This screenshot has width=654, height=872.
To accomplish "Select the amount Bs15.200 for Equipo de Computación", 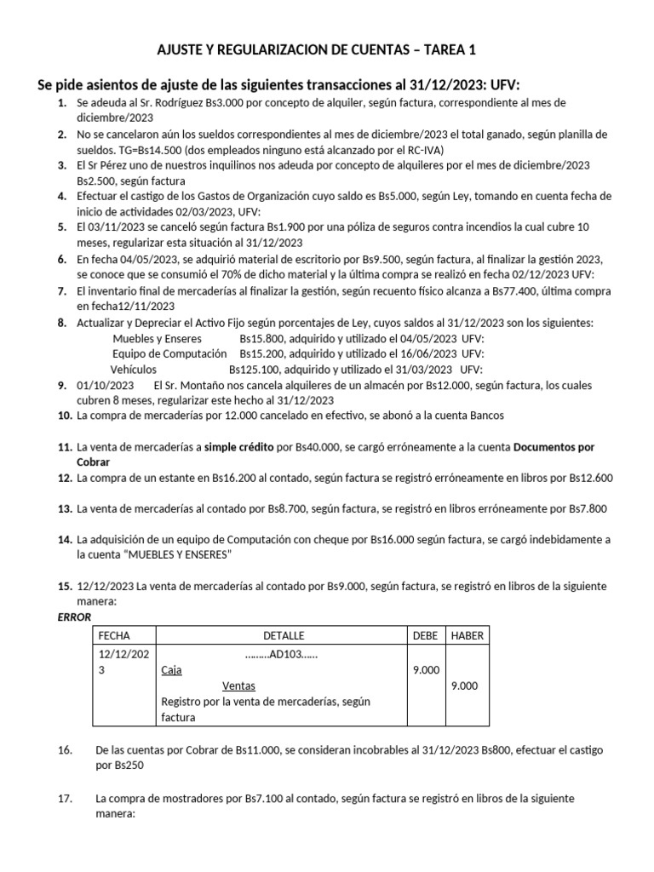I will point(264,353).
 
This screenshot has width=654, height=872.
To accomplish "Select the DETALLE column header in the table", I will point(283,636).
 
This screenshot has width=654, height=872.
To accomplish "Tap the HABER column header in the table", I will point(467,636).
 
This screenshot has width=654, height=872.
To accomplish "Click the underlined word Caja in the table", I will point(171,670).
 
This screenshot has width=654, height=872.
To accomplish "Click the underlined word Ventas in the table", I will point(238,686).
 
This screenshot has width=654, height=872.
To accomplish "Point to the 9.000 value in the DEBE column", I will point(426,670).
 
